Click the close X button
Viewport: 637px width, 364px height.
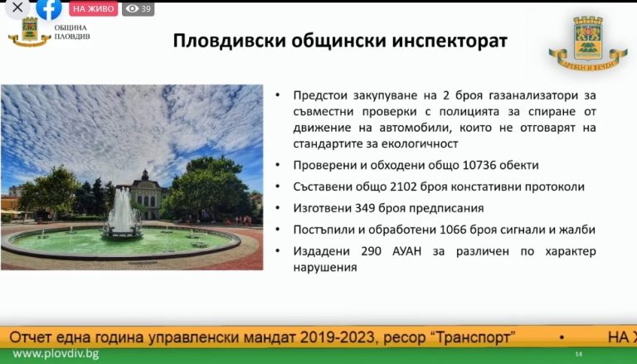tap(17, 7)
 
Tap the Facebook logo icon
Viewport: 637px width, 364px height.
tap(49, 8)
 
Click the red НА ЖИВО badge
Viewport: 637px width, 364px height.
tap(94, 8)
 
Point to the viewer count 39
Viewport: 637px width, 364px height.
tap(146, 8)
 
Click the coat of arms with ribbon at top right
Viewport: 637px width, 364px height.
tap(587, 43)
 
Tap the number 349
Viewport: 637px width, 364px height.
tap(365, 208)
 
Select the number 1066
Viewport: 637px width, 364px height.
tap(454, 230)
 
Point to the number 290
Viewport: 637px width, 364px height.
tap(372, 251)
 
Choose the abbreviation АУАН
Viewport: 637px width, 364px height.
tap(407, 251)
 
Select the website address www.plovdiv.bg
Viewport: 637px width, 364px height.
tap(56, 354)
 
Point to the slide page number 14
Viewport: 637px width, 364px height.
tap(578, 355)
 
